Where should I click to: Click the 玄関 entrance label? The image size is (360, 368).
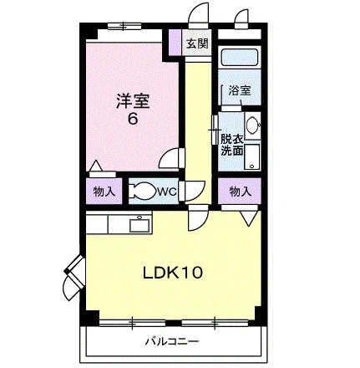[197, 43]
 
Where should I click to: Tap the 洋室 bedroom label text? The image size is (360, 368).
[133, 101]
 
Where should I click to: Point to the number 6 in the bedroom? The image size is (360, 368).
[133, 119]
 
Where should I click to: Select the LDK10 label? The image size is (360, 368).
[173, 273]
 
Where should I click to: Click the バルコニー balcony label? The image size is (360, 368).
[172, 341]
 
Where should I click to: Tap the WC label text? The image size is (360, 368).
[167, 192]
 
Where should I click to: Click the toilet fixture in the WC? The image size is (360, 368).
[144, 191]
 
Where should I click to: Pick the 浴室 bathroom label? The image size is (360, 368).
[240, 90]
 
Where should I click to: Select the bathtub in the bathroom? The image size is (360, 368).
[240, 58]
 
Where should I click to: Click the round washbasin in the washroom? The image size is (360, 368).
[253, 125]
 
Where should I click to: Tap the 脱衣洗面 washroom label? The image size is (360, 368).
[232, 145]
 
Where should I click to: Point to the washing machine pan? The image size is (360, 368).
[251, 156]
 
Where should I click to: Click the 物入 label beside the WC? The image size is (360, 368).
[104, 192]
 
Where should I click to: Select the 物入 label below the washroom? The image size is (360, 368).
[240, 192]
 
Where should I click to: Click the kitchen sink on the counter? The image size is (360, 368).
[139, 224]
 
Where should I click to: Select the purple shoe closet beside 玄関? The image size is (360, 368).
[175, 42]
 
